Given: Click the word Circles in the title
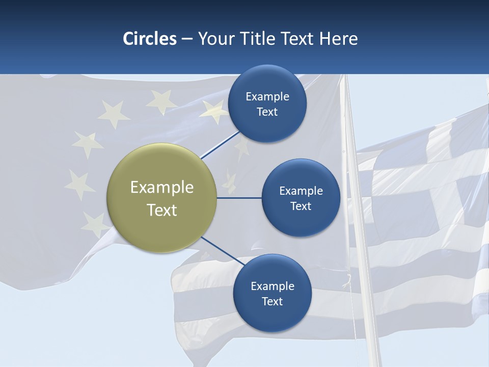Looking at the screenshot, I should pos(150,39).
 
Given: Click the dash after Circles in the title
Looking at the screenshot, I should pos(187,39).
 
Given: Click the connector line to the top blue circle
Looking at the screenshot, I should pos(220,145).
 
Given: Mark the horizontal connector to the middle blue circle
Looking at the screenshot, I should pos(239,198).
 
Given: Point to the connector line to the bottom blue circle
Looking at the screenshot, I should pos(223,250).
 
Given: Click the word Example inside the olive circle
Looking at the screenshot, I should pos(162,187).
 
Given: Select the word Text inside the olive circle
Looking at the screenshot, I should pos(162,210).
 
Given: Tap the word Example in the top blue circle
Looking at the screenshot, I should pos(267,96).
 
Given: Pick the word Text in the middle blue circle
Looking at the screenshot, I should pos(301,206).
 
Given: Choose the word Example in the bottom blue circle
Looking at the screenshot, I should pos(273,286).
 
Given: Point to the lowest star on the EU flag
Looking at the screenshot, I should pos(95,223).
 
